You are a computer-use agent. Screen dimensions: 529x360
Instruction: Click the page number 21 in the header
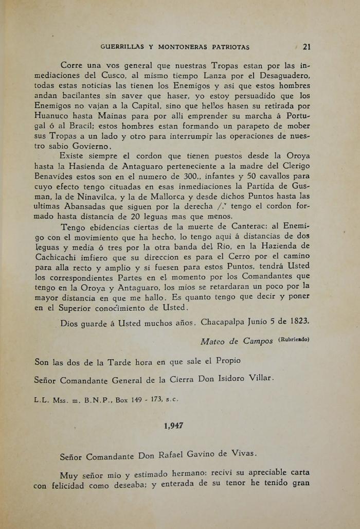pyautogui.click(x=307, y=47)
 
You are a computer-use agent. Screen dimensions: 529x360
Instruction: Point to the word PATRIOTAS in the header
pyautogui.click(x=229, y=47)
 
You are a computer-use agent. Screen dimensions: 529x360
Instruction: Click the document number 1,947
pyautogui.click(x=174, y=426)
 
